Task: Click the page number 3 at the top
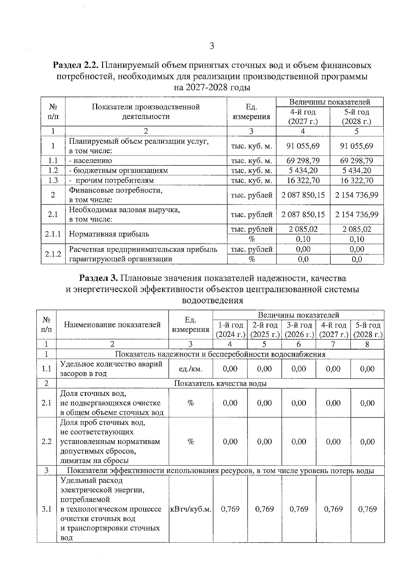[211, 46]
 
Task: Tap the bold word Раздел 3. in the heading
[99, 278]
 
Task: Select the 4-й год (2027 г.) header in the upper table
[303, 117]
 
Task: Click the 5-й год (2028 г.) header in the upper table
[356, 117]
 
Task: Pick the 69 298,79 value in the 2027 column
[303, 160]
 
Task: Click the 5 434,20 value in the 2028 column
[356, 170]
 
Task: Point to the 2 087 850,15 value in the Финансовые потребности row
[303, 195]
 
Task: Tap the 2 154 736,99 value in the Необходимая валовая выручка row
[356, 215]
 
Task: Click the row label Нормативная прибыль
[109, 234]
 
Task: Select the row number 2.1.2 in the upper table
[53, 254]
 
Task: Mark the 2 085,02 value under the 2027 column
[303, 229]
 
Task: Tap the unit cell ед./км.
[191, 369]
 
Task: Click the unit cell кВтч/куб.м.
[191, 509]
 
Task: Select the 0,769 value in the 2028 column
[367, 509]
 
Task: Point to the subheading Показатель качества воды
[220, 384]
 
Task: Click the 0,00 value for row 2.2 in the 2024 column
[230, 442]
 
